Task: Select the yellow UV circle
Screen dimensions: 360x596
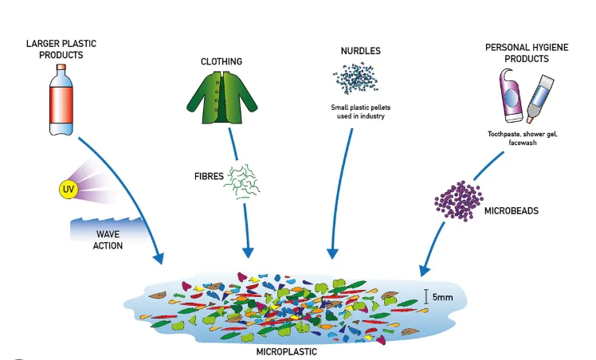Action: (x=67, y=189)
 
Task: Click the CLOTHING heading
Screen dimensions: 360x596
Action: (x=222, y=61)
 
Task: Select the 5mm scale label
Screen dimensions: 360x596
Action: (x=443, y=297)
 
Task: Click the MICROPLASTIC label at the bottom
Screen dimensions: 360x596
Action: (x=286, y=350)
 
